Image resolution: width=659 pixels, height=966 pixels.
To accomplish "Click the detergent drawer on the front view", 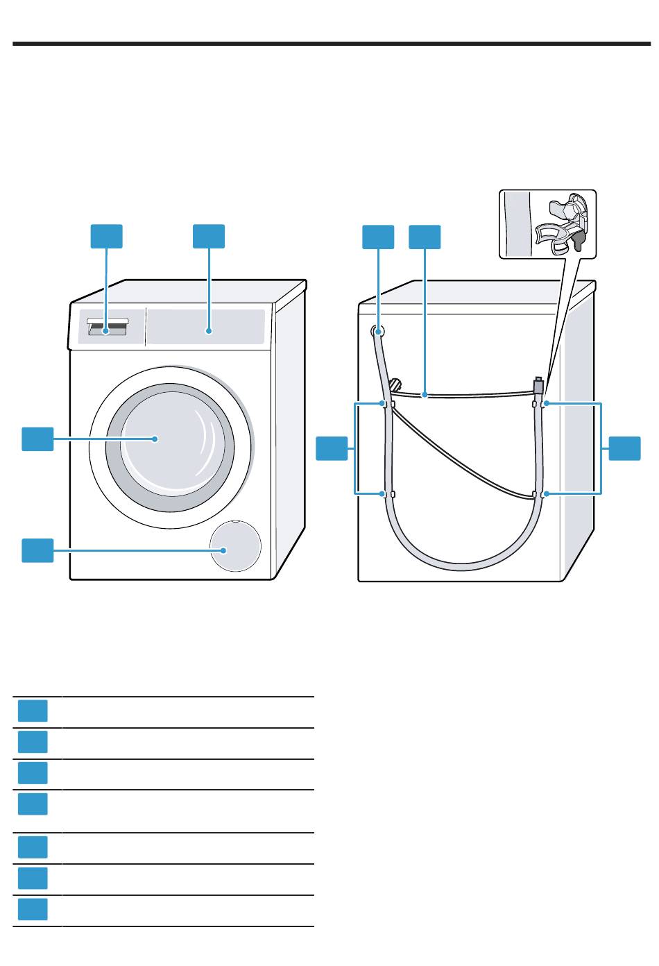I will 108,328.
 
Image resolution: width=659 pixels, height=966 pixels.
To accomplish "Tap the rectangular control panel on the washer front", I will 206,326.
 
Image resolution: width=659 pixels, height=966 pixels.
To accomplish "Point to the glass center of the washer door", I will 170,439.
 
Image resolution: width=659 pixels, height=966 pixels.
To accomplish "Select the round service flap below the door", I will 235,547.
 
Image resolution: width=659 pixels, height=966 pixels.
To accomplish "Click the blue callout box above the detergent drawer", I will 107,236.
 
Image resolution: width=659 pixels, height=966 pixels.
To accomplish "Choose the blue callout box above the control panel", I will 209,236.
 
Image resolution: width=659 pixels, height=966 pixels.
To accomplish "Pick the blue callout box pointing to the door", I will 37,439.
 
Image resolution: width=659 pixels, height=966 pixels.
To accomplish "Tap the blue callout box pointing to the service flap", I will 37,550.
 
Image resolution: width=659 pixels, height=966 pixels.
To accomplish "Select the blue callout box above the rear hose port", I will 378,236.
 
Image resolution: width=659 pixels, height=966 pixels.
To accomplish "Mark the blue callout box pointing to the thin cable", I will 425,236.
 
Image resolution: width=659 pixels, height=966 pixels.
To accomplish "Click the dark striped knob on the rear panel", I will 395,384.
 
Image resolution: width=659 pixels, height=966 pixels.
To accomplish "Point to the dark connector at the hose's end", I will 538,384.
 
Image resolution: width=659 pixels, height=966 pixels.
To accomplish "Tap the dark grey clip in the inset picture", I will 578,239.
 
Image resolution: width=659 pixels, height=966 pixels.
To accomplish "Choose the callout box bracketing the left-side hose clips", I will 332,448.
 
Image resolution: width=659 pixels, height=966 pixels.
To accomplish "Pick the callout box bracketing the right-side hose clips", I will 625,448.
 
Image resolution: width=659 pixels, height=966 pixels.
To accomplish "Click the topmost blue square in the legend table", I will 33,711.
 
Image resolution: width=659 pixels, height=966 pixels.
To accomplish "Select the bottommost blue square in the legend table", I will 33,910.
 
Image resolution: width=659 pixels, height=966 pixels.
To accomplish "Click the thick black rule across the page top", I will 329,44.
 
